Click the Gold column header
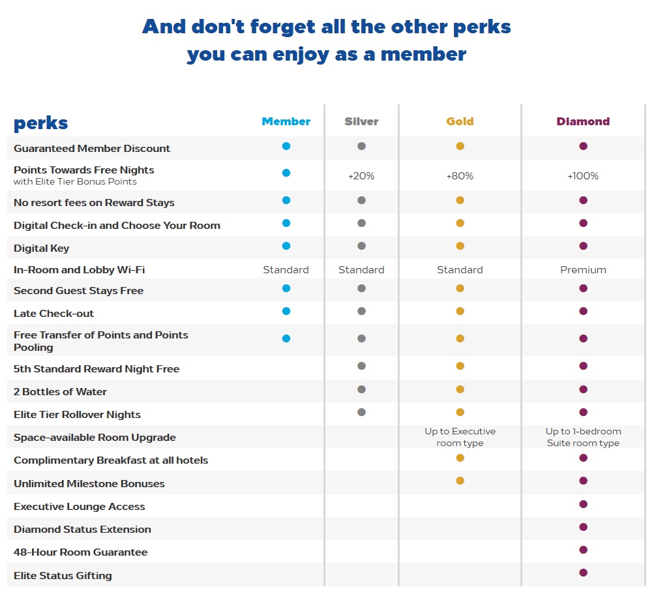460,121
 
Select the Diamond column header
583,121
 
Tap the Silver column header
361,121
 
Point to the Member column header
286,121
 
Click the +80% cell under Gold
460,175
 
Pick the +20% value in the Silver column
361,175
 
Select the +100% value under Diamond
583,175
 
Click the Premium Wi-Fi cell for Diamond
583,269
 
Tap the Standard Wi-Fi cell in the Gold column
460,269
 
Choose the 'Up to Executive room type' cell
460,437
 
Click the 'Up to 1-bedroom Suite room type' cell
583,437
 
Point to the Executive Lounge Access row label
80,507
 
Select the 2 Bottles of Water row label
60,392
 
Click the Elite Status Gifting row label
63,576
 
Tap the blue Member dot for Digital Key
286,246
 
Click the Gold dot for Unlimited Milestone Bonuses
460,481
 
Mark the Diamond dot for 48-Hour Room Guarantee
583,550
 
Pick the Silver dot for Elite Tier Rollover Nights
361,412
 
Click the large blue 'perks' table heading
40,123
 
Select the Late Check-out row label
53,314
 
